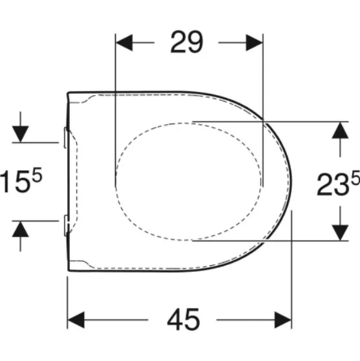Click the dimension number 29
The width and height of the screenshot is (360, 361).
(187, 42)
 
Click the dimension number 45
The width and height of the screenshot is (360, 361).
(184, 320)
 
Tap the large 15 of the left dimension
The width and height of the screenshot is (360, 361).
(14, 181)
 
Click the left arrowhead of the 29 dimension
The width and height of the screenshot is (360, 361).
(124, 43)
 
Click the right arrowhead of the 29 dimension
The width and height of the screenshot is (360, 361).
(255, 43)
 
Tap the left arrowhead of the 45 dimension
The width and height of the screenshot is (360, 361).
(76, 320)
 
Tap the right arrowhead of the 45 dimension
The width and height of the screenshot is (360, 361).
(283, 320)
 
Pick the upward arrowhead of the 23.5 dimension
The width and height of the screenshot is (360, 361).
(340, 130)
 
